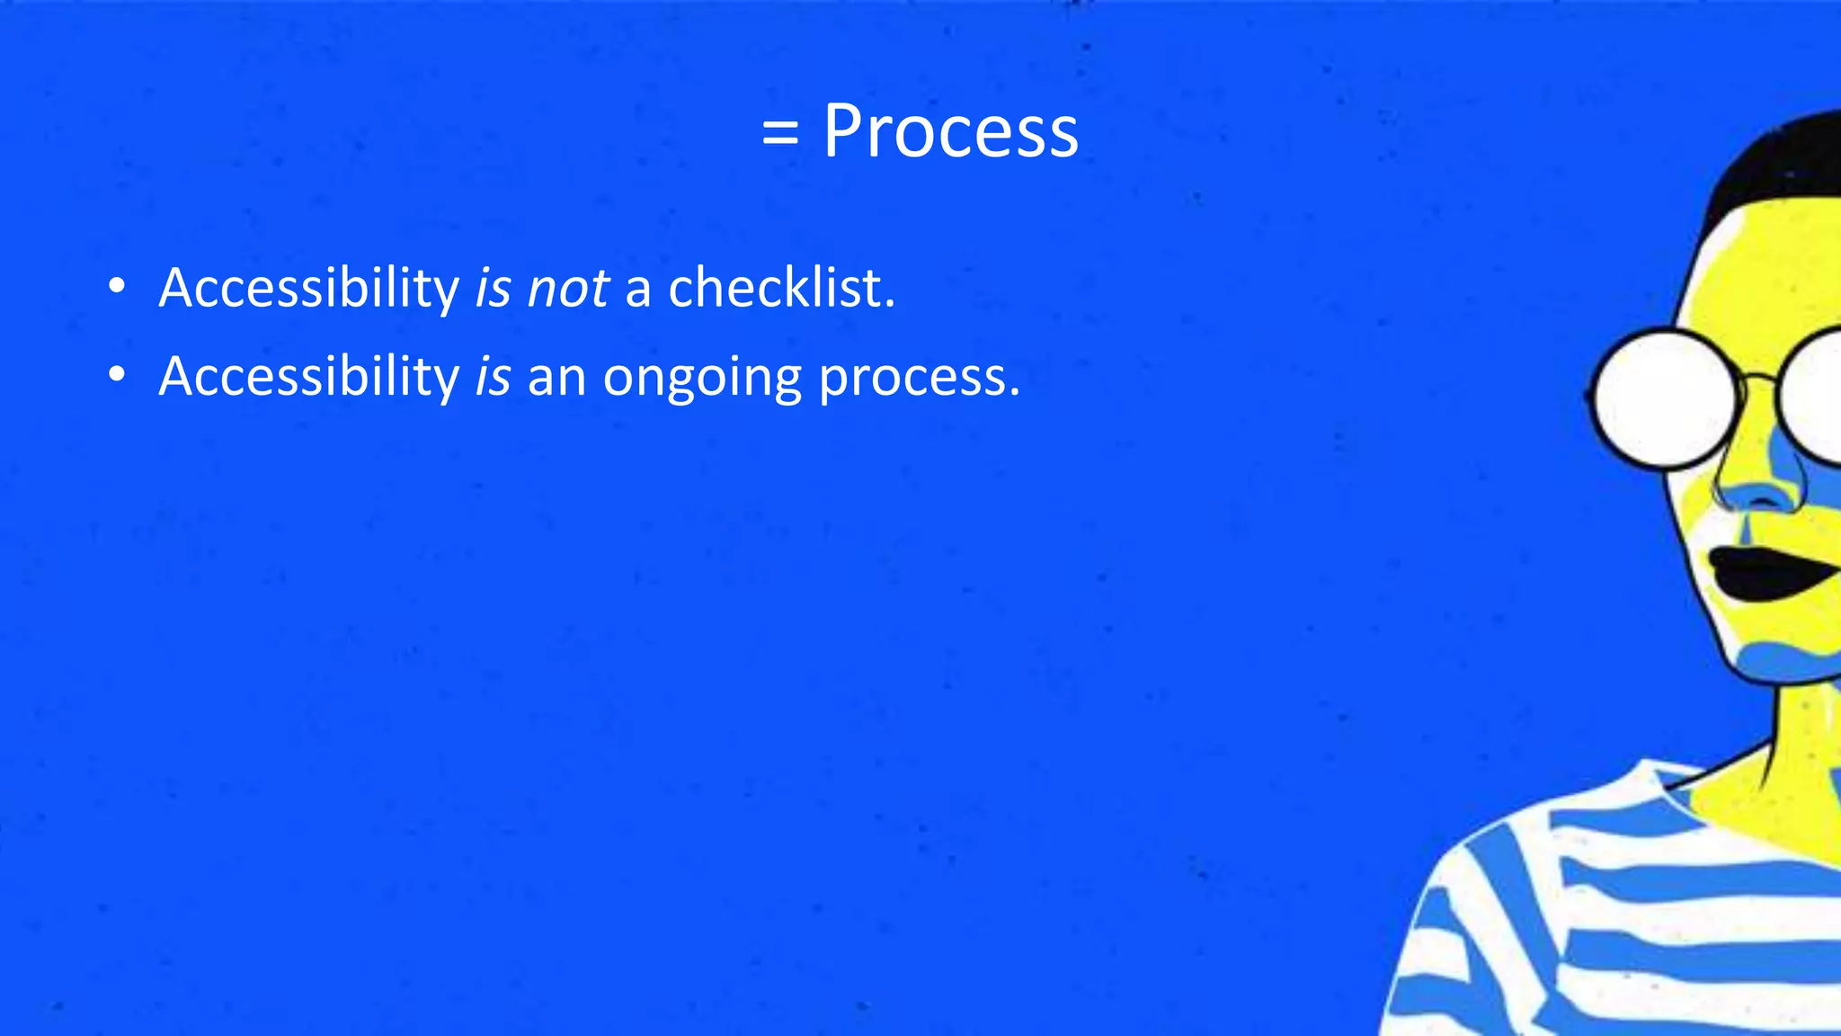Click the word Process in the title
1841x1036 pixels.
[950, 132]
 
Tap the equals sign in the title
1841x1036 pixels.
[779, 135]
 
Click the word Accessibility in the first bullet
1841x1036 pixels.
[308, 289]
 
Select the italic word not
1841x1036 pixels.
[568, 289]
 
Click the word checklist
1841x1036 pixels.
[781, 289]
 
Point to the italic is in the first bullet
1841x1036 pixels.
[493, 289]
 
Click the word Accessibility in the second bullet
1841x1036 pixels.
[308, 376]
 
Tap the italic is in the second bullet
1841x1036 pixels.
[493, 376]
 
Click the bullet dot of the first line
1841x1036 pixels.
[116, 287]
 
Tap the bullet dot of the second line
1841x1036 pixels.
[116, 375]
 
